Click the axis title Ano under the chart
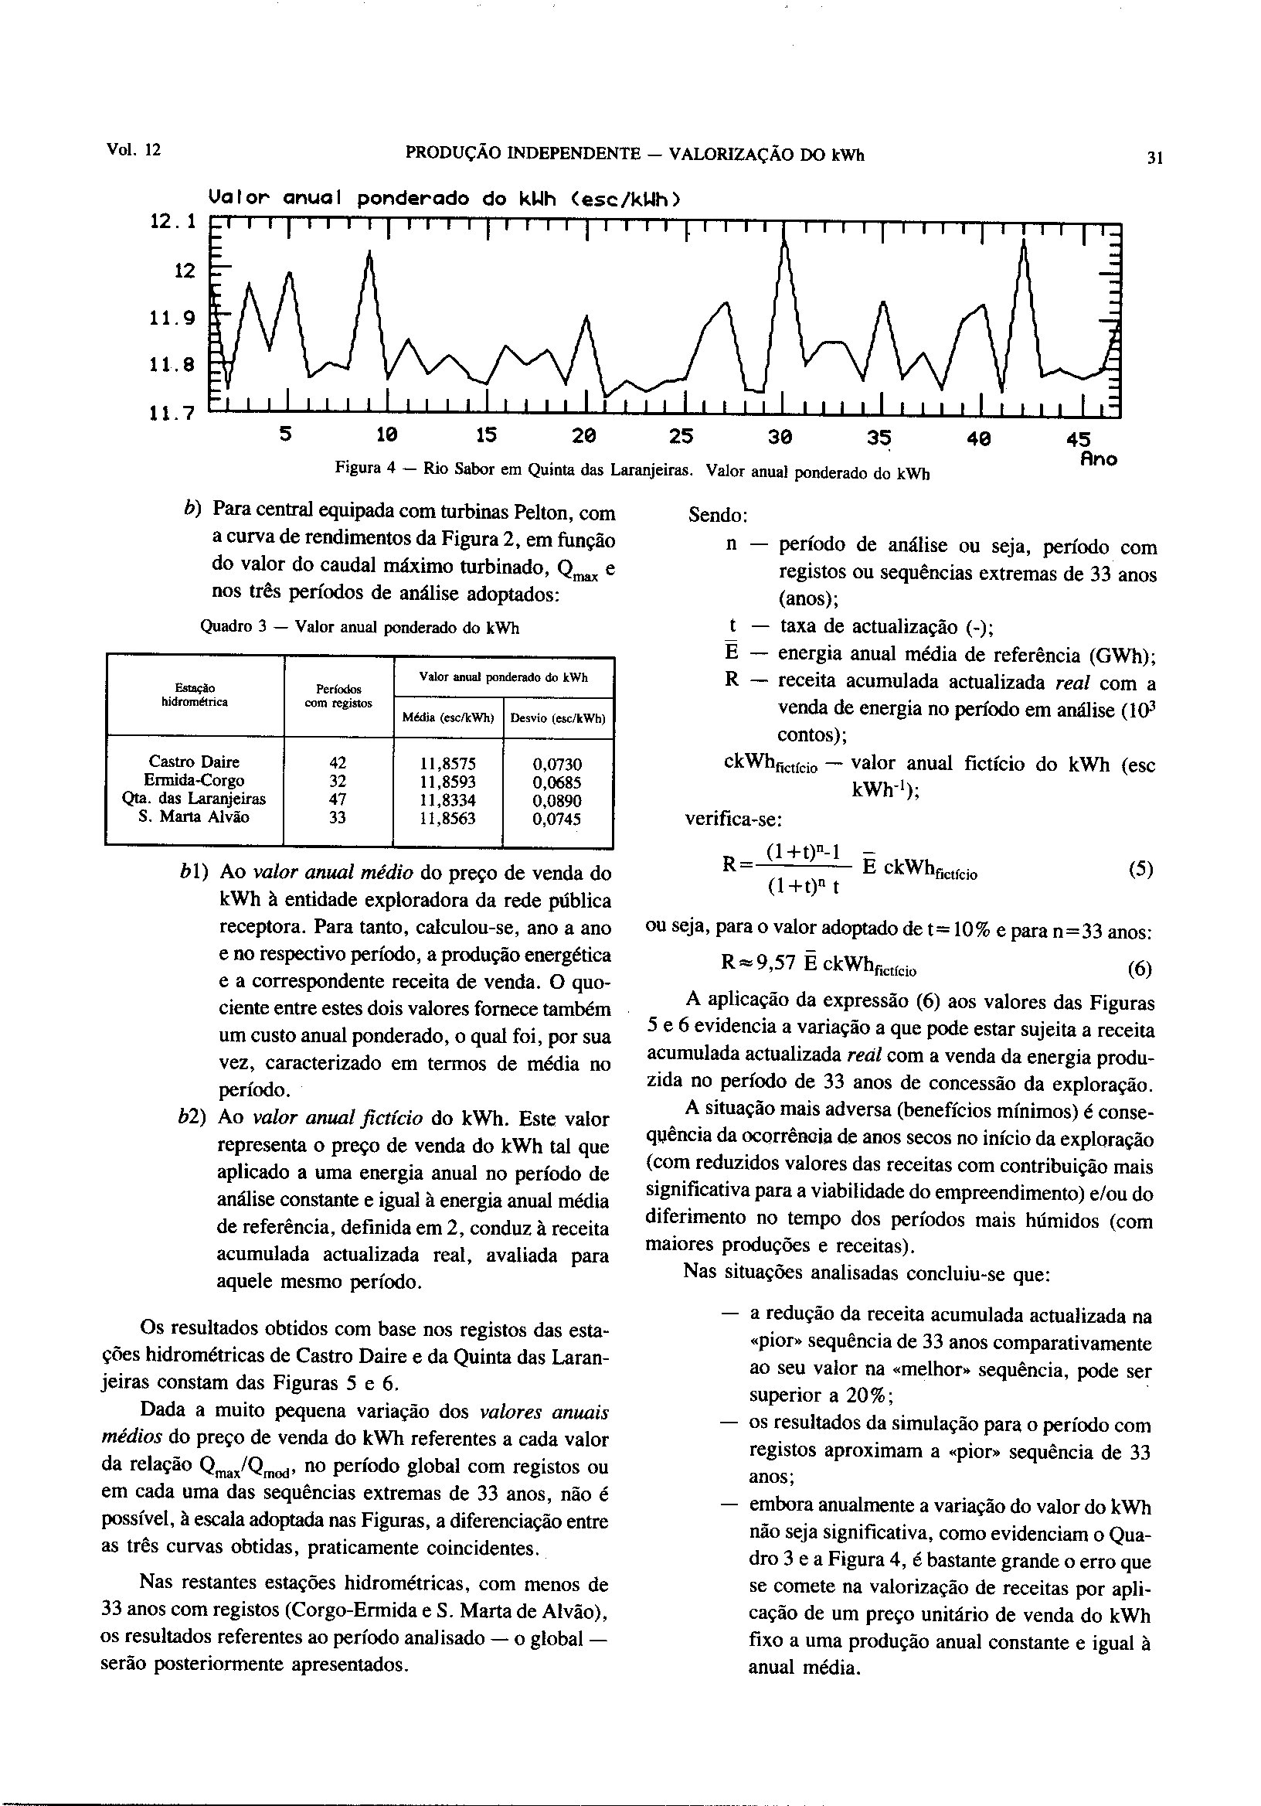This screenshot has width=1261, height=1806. pyautogui.click(x=1098, y=459)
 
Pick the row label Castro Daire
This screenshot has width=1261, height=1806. pyautogui.click(x=193, y=762)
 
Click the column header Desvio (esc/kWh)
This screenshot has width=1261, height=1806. pyautogui.click(x=557, y=718)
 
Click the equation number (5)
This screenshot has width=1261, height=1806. pyautogui.click(x=1140, y=870)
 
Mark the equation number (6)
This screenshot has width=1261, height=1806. pyautogui.click(x=1140, y=969)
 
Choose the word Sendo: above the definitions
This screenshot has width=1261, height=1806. pyautogui.click(x=718, y=516)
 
